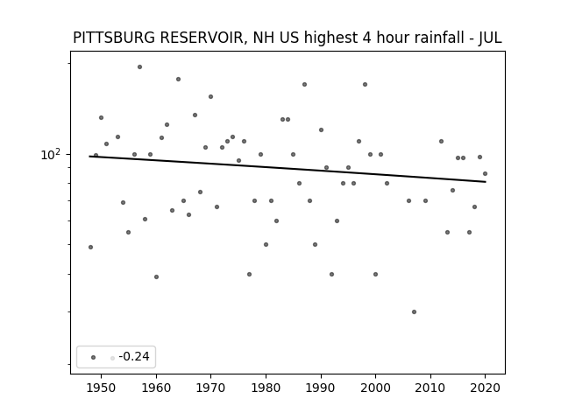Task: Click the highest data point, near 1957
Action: (139, 66)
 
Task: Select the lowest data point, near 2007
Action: (414, 311)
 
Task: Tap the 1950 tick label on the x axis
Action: (102, 388)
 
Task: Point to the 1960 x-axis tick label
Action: (156, 388)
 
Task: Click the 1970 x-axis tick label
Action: (210, 388)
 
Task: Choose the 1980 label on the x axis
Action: (266, 388)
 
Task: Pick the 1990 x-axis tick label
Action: (321, 388)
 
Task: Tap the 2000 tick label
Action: (375, 388)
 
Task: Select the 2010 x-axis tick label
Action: (430, 388)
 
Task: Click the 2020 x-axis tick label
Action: (485, 388)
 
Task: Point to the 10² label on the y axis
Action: (51, 154)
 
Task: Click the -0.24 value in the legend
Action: (134, 356)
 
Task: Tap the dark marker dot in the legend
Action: (94, 357)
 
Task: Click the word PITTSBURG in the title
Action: (115, 38)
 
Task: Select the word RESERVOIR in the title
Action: (204, 38)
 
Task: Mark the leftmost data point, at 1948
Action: (90, 247)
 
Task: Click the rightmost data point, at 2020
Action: (485, 173)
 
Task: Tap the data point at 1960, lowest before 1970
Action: (156, 276)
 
